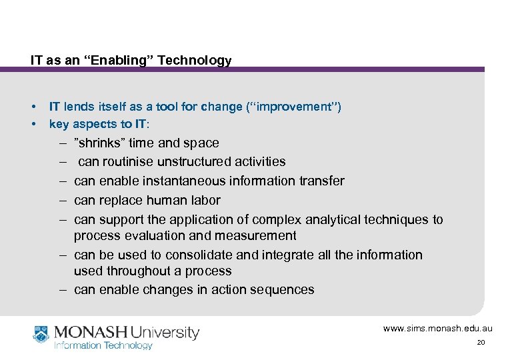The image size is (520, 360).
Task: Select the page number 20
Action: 481,343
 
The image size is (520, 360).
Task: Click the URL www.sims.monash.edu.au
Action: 437,329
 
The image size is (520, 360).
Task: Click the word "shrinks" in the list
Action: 99,143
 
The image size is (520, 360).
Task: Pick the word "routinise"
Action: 127,161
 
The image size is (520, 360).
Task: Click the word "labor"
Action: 204,200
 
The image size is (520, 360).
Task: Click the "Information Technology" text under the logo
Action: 103,345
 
